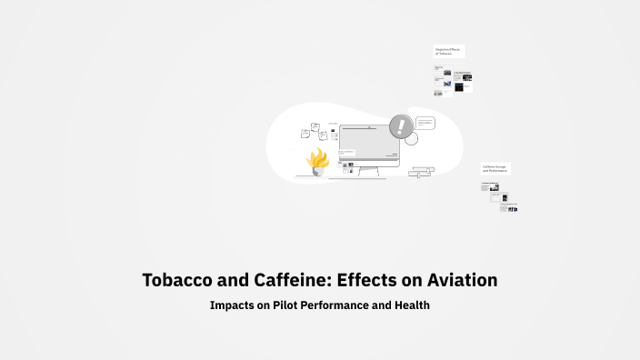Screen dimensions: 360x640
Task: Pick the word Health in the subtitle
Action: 411,305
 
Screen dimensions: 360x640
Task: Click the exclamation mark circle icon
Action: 399,126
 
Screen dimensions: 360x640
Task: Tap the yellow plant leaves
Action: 317,159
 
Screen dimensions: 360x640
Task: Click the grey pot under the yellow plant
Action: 317,171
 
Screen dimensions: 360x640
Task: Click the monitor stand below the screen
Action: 367,173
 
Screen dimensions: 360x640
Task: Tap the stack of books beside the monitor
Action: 421,171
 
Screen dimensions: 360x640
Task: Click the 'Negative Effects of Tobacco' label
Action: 449,52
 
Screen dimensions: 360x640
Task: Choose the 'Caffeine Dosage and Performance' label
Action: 495,168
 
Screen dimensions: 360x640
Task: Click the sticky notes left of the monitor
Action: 311,132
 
